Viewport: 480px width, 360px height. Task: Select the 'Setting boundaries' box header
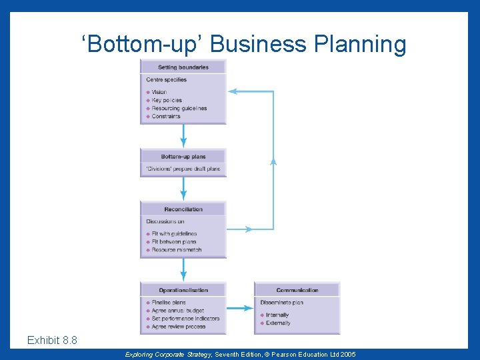click(x=183, y=67)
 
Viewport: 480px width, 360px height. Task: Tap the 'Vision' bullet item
click(x=159, y=92)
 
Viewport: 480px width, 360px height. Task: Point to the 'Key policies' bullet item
click(x=167, y=100)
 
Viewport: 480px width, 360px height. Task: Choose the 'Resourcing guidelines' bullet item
click(x=179, y=108)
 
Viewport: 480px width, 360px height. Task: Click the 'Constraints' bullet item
click(x=166, y=116)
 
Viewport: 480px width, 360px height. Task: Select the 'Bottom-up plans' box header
click(x=183, y=157)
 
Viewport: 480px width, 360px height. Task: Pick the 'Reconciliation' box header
click(x=183, y=209)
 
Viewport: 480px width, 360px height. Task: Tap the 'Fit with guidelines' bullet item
click(x=174, y=234)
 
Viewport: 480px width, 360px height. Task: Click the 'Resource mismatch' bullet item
click(x=176, y=250)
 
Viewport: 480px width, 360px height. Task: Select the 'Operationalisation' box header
click(x=183, y=290)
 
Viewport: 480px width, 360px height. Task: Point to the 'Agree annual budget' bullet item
click(x=177, y=311)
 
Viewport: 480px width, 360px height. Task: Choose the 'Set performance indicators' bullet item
click(x=185, y=319)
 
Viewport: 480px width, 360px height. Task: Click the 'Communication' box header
click(x=297, y=290)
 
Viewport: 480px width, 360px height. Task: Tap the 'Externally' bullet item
click(x=278, y=323)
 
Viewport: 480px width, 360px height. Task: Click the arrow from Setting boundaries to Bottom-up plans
click(x=183, y=136)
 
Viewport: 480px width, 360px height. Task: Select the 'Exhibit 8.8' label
click(x=52, y=341)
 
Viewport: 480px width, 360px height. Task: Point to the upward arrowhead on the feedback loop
click(x=273, y=160)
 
